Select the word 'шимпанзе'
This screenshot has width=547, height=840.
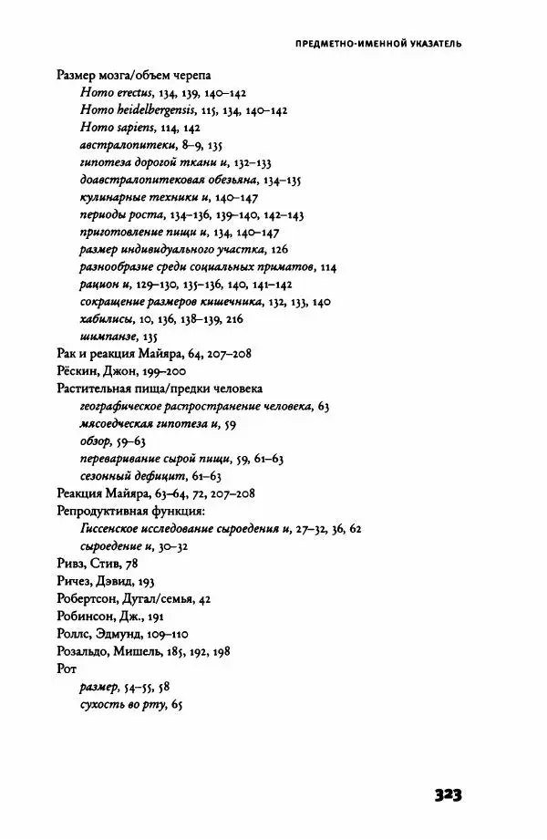tap(101, 336)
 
